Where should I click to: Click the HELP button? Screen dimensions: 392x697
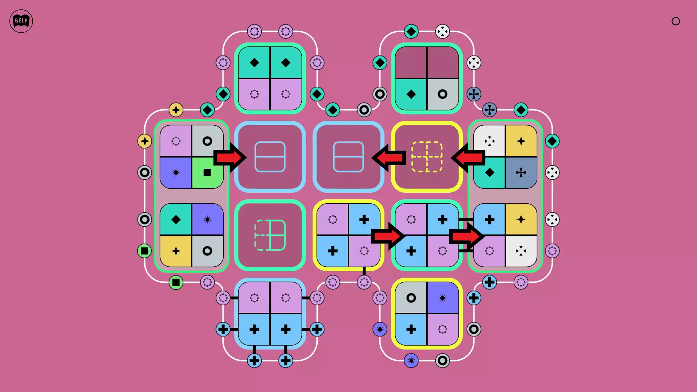coord(21,21)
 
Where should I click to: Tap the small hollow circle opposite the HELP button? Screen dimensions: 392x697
coord(676,21)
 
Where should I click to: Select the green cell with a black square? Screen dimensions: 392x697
coord(207,173)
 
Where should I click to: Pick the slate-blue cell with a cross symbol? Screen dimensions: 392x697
coord(521,173)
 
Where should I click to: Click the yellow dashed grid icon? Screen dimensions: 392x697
coord(427,157)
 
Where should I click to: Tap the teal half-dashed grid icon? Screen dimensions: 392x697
coord(270,235)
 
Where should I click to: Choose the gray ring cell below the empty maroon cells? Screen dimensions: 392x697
coord(443,94)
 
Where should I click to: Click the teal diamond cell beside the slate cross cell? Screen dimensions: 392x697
coord(490,173)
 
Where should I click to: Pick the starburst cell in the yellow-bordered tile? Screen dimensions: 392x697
coord(443,298)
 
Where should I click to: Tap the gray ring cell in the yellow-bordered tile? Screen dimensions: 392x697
coord(411,298)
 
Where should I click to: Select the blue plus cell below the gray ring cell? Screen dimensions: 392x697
coord(411,330)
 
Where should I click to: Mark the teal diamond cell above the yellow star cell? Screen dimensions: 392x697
coord(176,220)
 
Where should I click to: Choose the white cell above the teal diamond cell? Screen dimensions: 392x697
coord(490,141)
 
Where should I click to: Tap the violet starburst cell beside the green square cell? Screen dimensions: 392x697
coord(176,173)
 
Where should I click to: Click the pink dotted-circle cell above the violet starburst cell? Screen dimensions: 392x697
coord(176,141)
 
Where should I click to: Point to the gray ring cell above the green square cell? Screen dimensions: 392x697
coord(207,141)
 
